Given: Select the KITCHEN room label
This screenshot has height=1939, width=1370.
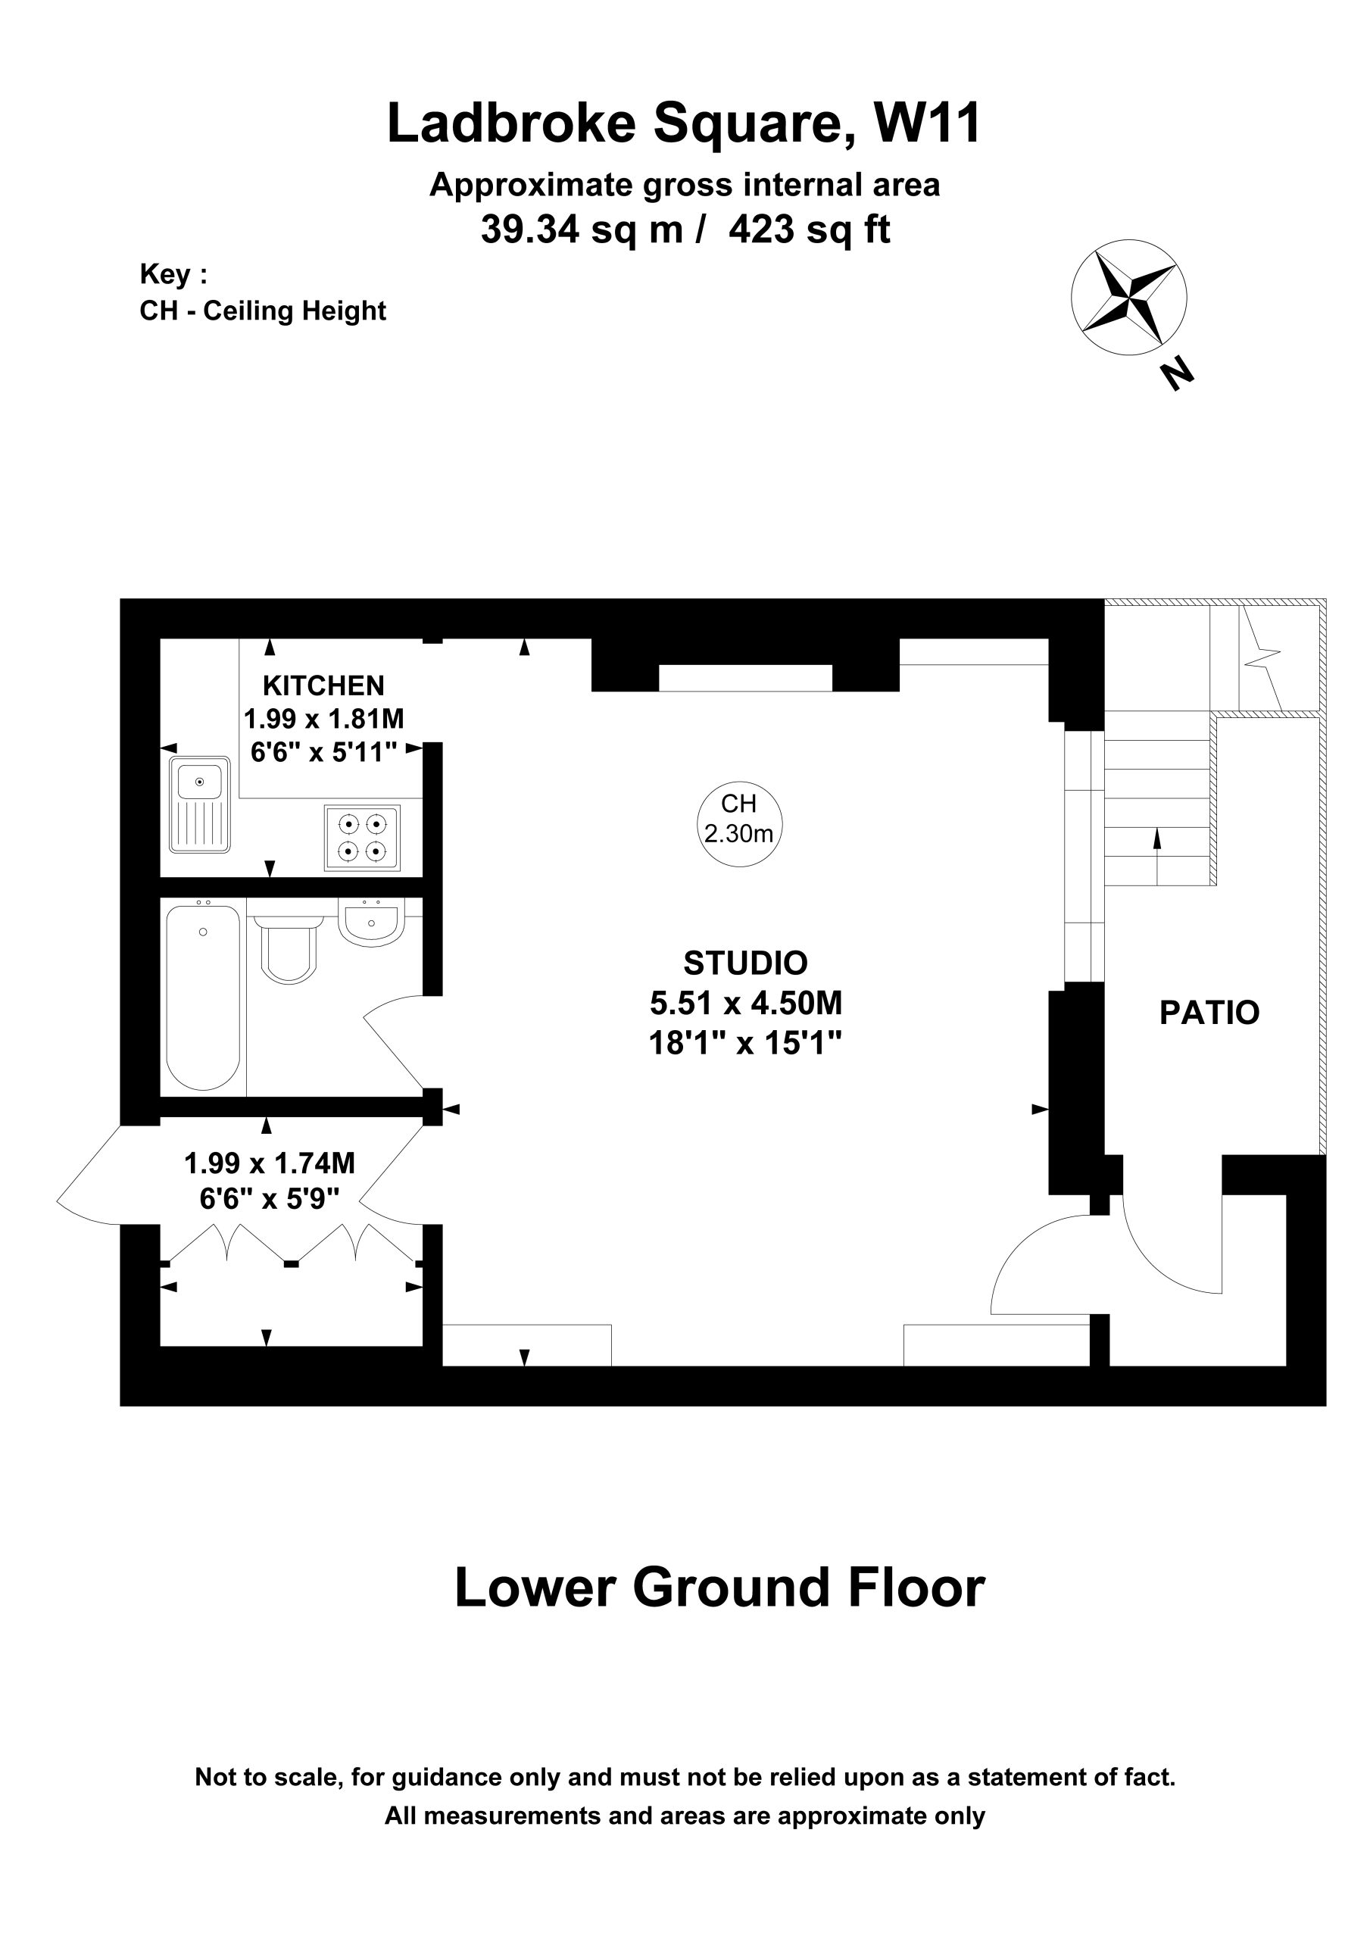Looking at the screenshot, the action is (323, 684).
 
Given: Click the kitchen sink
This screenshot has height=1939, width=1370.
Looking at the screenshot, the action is (199, 805).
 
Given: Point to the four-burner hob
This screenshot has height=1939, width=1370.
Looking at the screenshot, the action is (362, 837).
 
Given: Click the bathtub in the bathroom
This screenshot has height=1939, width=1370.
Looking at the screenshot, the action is (204, 998).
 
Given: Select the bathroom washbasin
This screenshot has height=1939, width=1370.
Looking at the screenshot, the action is (371, 921).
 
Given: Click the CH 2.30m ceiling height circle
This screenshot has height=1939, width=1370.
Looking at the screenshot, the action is (740, 823).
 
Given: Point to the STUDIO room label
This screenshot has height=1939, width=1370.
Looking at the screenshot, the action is (746, 963).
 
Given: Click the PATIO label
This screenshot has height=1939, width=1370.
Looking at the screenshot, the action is (1209, 1013).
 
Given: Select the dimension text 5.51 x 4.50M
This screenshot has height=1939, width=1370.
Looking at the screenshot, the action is (746, 1004).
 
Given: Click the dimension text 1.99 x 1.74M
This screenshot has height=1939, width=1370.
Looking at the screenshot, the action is (270, 1163).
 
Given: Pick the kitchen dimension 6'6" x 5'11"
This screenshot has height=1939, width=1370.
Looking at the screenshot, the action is (324, 751).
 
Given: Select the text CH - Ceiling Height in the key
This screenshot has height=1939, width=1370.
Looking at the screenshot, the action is (263, 311).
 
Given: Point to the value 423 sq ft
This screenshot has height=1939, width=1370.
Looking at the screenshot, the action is (809, 229).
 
